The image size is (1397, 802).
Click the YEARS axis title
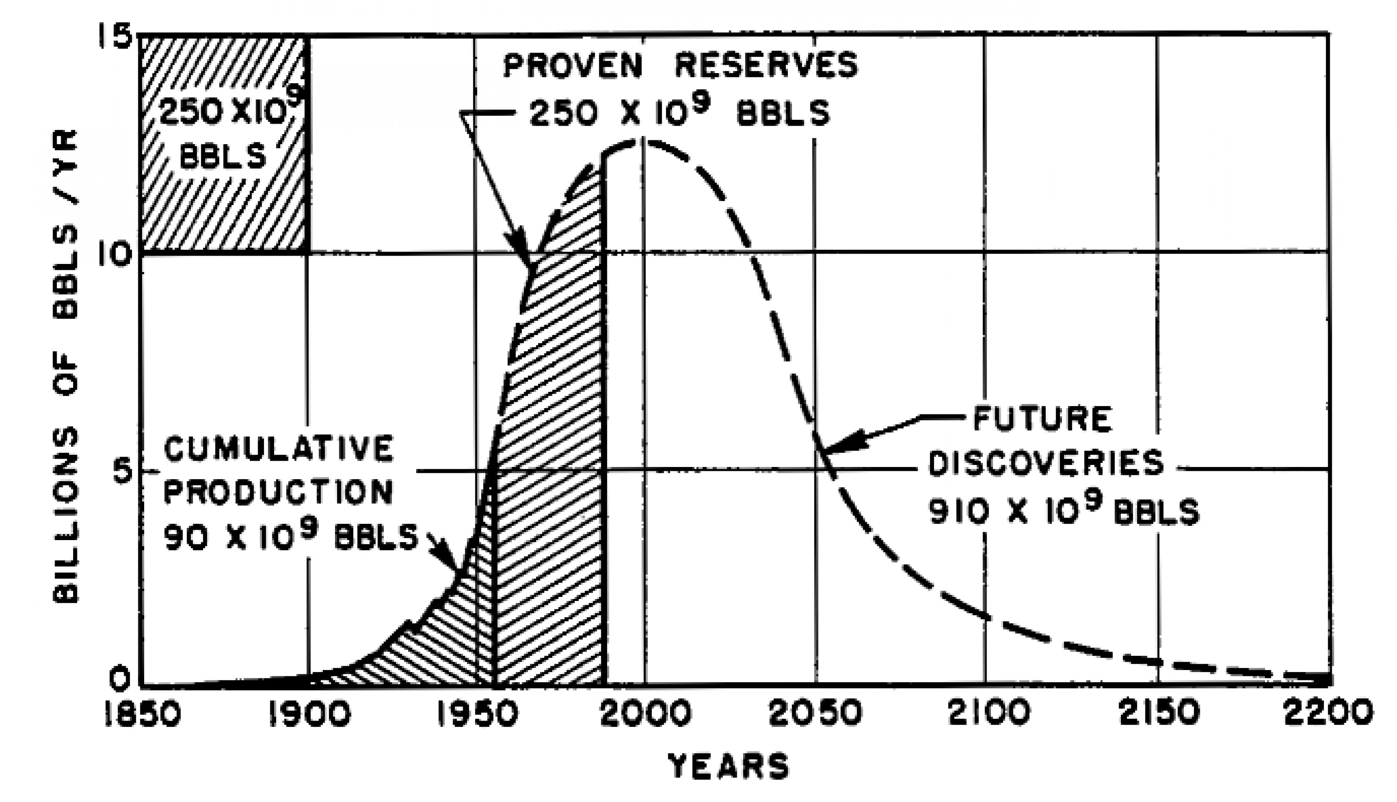click(x=728, y=766)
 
